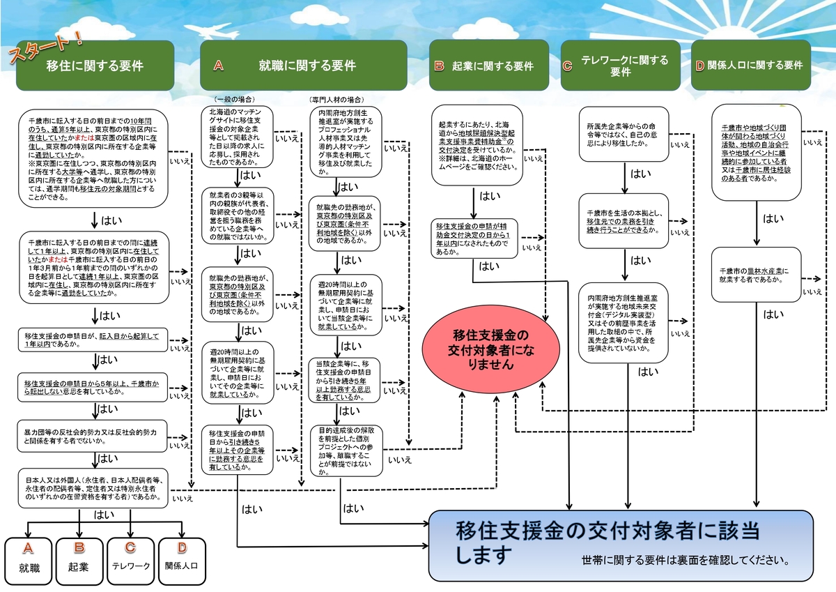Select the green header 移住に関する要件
point(95,66)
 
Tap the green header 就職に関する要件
point(304,66)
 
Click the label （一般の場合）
point(235,100)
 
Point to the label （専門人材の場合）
point(336,100)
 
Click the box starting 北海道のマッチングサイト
point(236,136)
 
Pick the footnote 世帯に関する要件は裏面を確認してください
point(686,560)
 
